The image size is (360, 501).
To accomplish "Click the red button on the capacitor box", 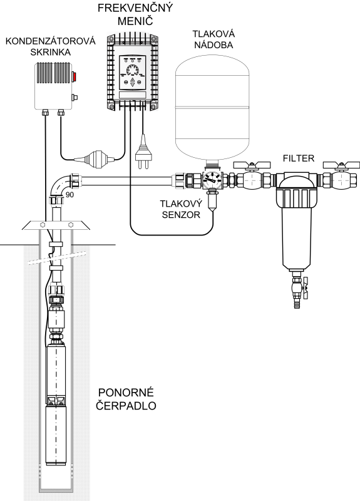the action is pos(75,76).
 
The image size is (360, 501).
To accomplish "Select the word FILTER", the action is pos(299,158).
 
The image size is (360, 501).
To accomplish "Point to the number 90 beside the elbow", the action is pos(69,195).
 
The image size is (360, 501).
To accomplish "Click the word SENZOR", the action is pos(181,214).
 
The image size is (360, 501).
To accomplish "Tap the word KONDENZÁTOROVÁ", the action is pos(51,41).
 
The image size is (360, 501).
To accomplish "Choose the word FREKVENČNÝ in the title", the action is pos(135,8).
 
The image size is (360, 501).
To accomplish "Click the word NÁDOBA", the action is pos(213,45).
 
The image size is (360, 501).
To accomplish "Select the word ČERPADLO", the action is pos(126,405).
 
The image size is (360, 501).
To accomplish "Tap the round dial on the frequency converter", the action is pos(133,70).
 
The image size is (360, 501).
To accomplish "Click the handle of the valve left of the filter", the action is pos(252,165).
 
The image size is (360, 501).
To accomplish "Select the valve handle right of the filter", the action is pos(341,165).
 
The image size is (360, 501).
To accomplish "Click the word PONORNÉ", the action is pos(126,392).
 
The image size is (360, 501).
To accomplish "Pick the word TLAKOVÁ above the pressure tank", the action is pos(213,34).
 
